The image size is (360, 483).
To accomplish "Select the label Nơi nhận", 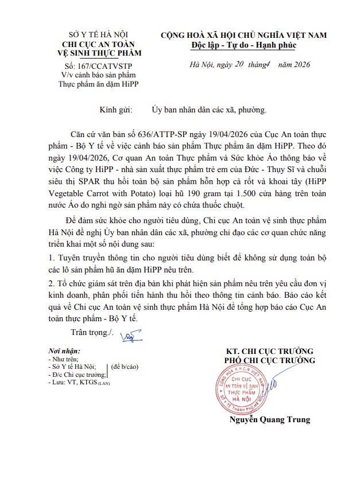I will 64,350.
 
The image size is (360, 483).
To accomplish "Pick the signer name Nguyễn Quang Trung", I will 268,419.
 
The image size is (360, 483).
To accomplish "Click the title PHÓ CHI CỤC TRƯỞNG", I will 269,360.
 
